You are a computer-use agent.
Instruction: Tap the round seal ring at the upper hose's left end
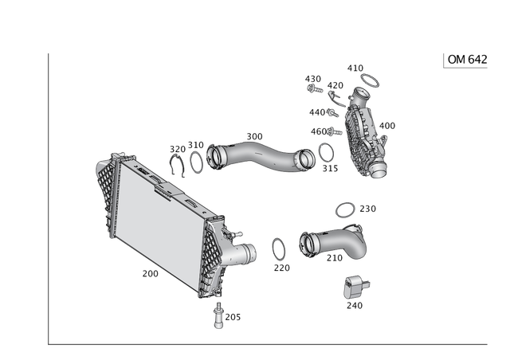click(x=196, y=158)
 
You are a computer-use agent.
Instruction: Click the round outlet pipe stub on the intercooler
click(x=249, y=255)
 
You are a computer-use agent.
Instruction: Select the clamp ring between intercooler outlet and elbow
click(x=280, y=249)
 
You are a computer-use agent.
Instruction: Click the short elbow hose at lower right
click(x=335, y=243)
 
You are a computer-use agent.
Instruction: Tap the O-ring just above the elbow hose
click(x=343, y=209)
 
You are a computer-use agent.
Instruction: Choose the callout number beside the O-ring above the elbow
click(x=367, y=209)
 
